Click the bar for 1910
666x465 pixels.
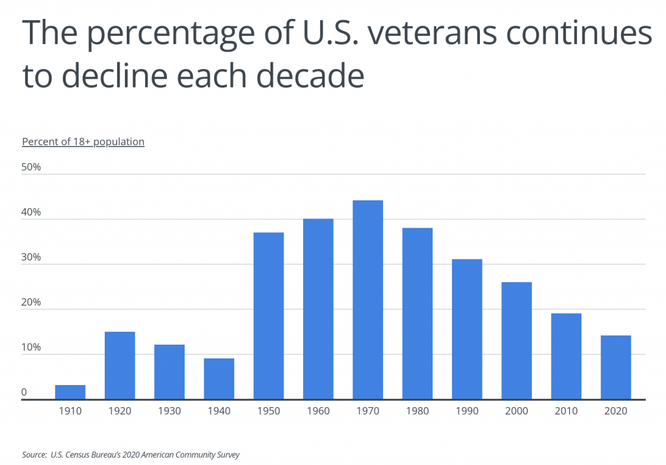point(70,392)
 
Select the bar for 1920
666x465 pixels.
point(120,365)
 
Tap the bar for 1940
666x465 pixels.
point(219,379)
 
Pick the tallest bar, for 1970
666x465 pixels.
point(367,300)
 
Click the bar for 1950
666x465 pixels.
point(269,315)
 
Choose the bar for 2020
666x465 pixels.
point(615,367)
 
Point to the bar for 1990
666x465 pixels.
point(467,329)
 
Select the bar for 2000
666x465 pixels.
point(516,340)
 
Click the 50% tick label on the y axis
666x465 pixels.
point(31,167)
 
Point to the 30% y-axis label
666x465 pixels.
point(31,258)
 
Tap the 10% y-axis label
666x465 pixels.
point(31,347)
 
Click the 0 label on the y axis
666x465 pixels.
point(24,392)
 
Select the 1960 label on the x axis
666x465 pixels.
point(318,412)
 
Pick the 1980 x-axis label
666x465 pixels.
point(417,412)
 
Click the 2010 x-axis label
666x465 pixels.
point(566,412)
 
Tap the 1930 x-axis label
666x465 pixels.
point(169,412)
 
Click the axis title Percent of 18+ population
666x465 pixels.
point(83,141)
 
